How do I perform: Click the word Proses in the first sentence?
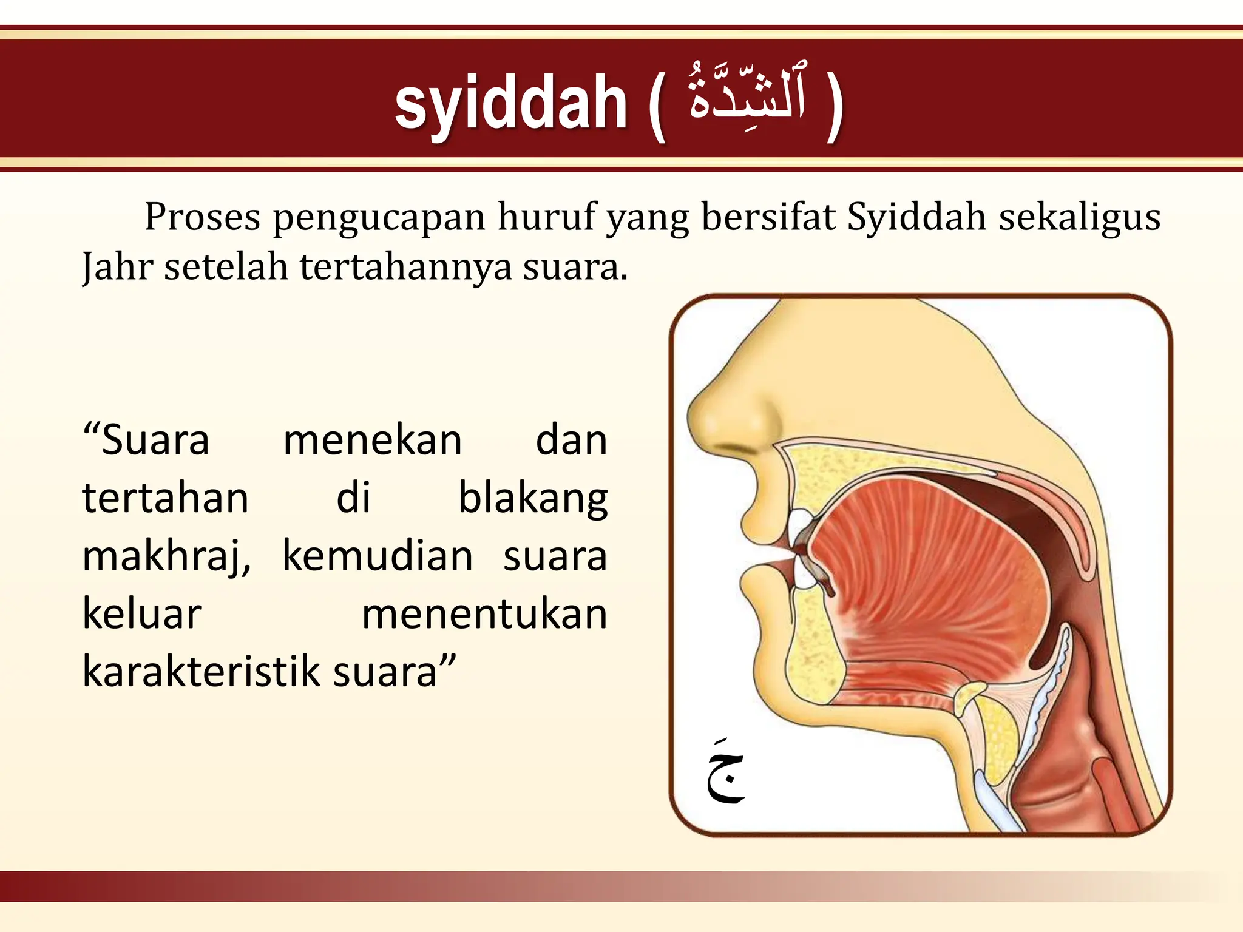click(202, 217)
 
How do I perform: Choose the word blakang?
click(532, 499)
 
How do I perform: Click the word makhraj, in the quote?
click(166, 557)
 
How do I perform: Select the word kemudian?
click(377, 556)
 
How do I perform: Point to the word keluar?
click(141, 613)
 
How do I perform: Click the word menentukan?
click(484, 613)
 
